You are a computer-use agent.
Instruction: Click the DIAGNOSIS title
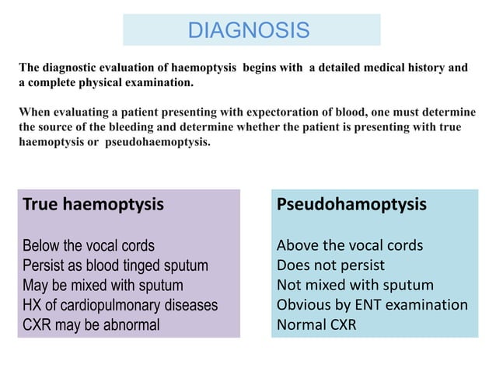[250, 30]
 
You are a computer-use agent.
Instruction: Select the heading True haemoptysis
[93, 205]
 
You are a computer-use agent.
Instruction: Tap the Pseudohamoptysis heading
[351, 205]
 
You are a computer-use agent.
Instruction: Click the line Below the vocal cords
[89, 246]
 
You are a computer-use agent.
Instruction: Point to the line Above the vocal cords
[350, 246]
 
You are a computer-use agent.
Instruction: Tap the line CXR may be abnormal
[91, 324]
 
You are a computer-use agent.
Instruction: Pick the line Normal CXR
[316, 324]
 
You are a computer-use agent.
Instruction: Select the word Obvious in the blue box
[303, 305]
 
